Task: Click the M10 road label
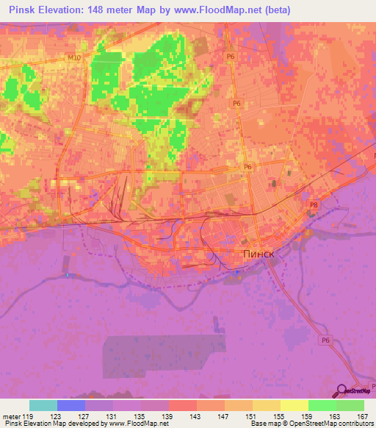coord(72,57)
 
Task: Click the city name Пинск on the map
coord(258,254)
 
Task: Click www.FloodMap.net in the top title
coord(218,10)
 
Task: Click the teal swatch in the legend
coord(43,405)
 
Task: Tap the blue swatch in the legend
coord(71,405)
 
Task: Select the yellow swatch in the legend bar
coord(294,405)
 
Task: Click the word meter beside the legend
coord(11,416)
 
